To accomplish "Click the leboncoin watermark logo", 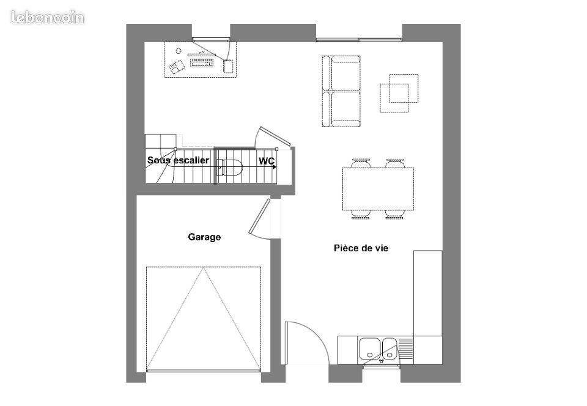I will tap(48, 17).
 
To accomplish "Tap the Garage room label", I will tap(204, 237).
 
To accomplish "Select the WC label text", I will tap(266, 161).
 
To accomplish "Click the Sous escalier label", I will tap(178, 161).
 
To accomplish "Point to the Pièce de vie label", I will tap(361, 248).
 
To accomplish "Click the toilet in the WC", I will tap(231, 168).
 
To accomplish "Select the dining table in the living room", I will tap(378, 188).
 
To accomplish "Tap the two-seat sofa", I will tap(341, 91).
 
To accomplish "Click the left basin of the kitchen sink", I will tap(369, 349).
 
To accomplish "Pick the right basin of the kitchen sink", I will tap(389, 349).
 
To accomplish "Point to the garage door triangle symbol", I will tap(204, 318).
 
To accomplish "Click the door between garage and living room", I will tap(260, 217).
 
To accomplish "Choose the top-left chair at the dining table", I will tap(361, 163).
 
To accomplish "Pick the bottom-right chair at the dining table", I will tap(395, 214).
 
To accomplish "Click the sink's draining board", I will tap(406, 349).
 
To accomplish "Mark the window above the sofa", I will tap(359, 40).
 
